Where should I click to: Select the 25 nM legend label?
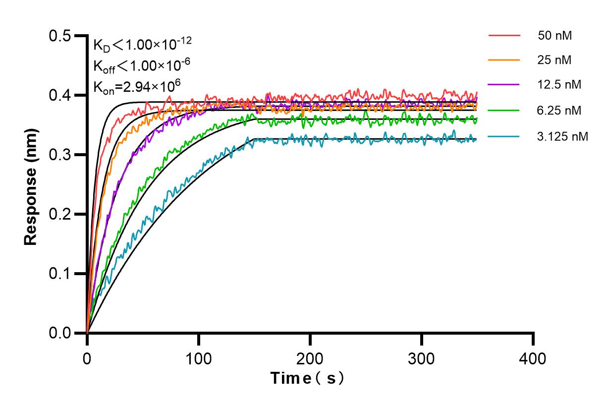coord(555,60)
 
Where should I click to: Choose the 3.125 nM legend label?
coord(562,135)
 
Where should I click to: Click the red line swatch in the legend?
coord(504,36)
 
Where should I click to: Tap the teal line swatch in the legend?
coord(504,135)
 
